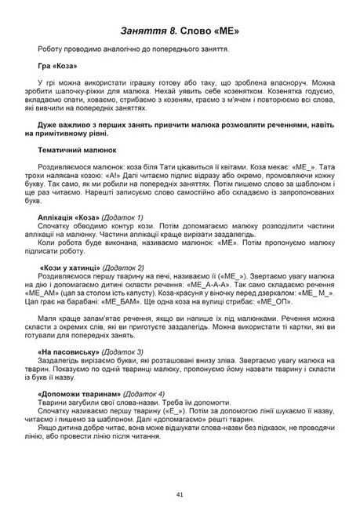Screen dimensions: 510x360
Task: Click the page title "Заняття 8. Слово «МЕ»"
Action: pyautogui.click(x=180, y=31)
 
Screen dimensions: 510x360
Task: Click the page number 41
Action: pyautogui.click(x=180, y=494)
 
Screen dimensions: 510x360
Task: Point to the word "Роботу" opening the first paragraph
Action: pyautogui.click(x=52, y=49)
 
